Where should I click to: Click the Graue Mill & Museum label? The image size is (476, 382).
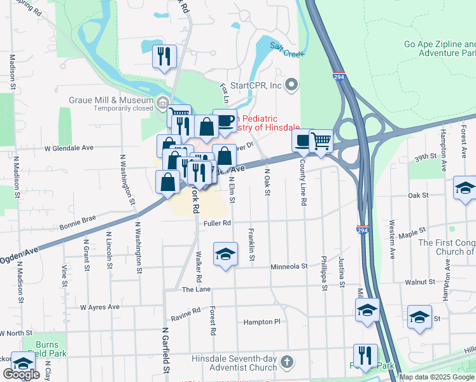point(111,100)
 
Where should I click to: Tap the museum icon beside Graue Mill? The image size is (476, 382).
point(162,103)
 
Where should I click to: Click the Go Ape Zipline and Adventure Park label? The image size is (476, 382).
point(439,49)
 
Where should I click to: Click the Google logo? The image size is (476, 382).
point(21,374)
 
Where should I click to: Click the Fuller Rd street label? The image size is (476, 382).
point(217,223)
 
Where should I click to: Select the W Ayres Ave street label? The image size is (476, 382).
point(100,307)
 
